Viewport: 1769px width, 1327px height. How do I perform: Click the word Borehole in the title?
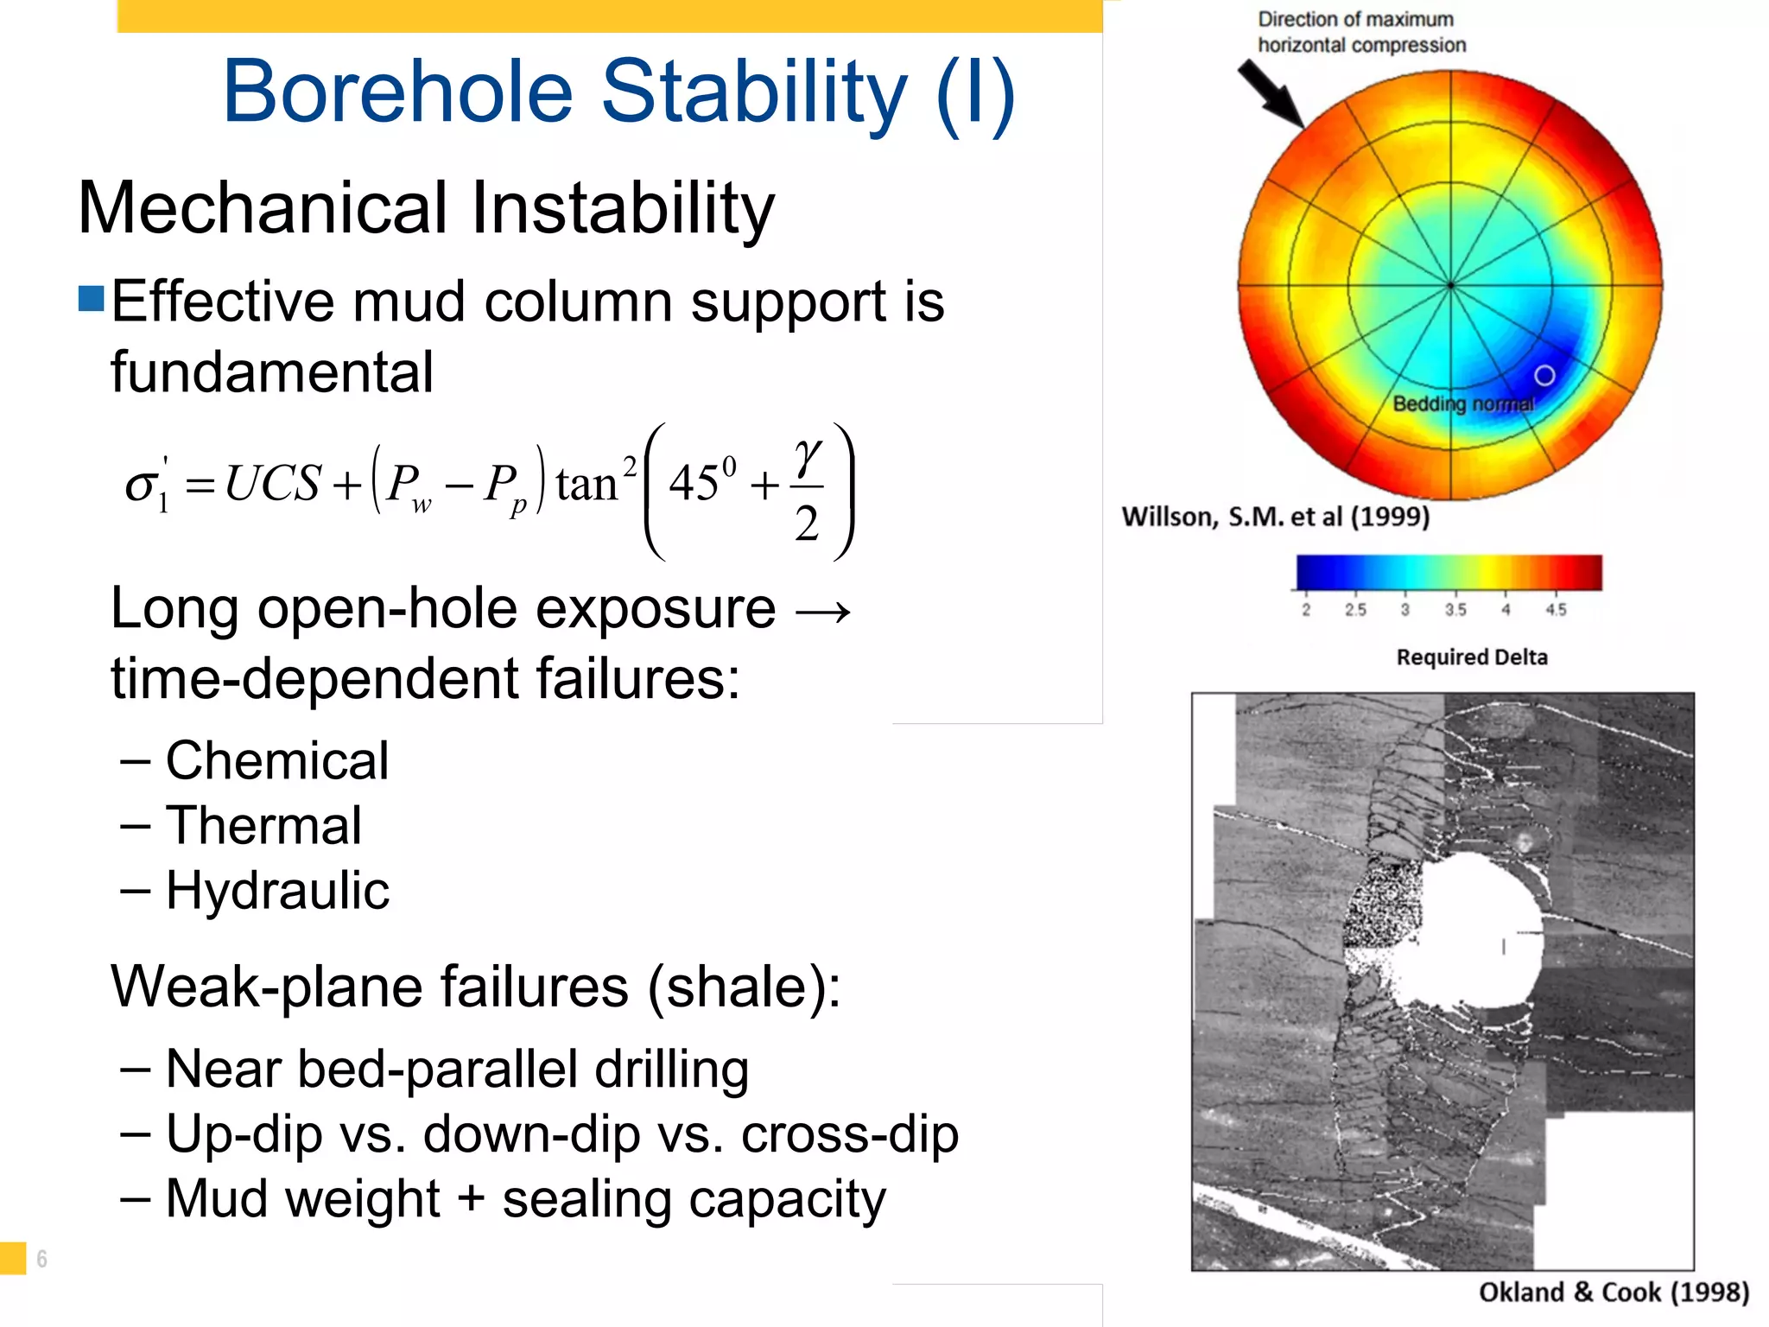pyautogui.click(x=397, y=92)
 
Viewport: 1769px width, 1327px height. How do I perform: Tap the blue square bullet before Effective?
pyautogui.click(x=91, y=299)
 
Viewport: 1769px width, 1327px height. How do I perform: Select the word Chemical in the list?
pyautogui.click(x=276, y=761)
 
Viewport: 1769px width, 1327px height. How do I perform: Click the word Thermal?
pyautogui.click(x=263, y=826)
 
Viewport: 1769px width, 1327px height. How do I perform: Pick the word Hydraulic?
pyautogui.click(x=277, y=891)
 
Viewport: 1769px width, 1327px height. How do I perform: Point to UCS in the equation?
pyautogui.click(x=273, y=484)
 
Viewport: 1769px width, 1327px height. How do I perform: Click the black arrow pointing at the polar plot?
pyautogui.click(x=1270, y=93)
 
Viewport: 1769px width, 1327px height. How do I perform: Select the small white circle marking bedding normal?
pyautogui.click(x=1544, y=375)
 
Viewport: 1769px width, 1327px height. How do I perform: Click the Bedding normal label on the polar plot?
pyautogui.click(x=1463, y=403)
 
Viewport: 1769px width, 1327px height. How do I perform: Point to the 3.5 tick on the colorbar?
pyautogui.click(x=1455, y=610)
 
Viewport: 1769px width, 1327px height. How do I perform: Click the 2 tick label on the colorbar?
pyautogui.click(x=1306, y=610)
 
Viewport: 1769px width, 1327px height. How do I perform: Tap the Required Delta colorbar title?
pyautogui.click(x=1472, y=657)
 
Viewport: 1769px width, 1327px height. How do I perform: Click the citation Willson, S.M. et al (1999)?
pyautogui.click(x=1276, y=517)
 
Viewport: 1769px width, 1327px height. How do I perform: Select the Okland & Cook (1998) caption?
pyautogui.click(x=1614, y=1292)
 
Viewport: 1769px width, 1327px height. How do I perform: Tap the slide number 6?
pyautogui.click(x=41, y=1259)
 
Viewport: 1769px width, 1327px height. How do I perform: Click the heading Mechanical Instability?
pyautogui.click(x=426, y=208)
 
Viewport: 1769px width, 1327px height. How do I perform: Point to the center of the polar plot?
pyautogui.click(x=1450, y=284)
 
